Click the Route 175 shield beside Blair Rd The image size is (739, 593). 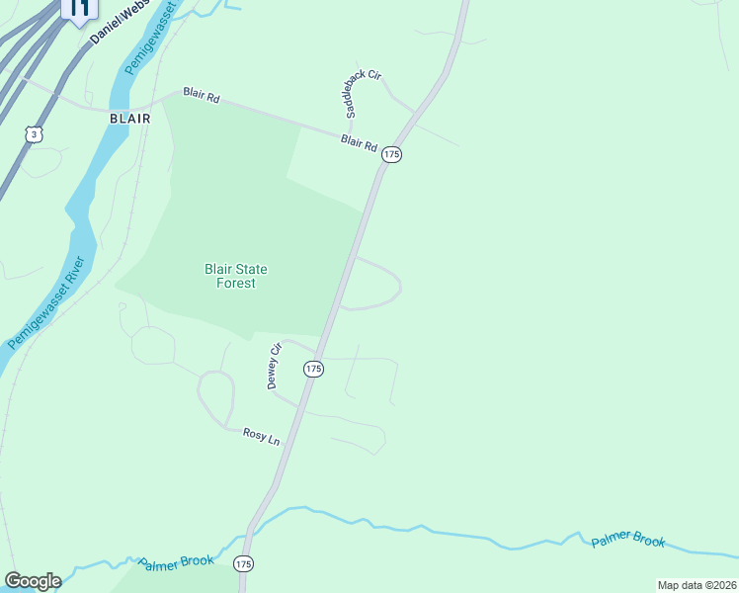[x=392, y=154]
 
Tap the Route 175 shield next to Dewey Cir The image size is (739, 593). [x=313, y=369]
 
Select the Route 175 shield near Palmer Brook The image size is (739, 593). [x=244, y=563]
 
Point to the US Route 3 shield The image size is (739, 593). [x=35, y=134]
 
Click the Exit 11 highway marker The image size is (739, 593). [x=79, y=9]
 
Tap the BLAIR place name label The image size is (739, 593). [x=129, y=118]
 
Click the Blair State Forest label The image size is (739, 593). [x=235, y=276]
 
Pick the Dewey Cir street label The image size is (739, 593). [x=275, y=366]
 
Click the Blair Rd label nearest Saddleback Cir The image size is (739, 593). [x=359, y=143]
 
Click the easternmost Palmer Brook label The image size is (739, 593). [x=628, y=542]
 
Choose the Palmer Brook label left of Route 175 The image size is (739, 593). [x=176, y=562]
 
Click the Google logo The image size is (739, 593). [x=32, y=581]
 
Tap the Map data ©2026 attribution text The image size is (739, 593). [x=697, y=585]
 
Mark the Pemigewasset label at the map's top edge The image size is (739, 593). [x=149, y=39]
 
